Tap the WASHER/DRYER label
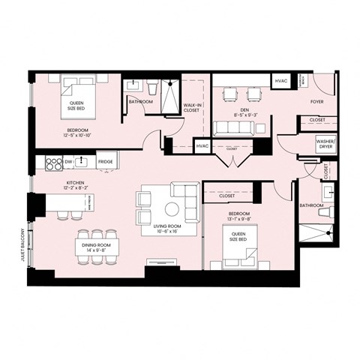(x=325, y=143)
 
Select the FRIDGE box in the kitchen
(x=105, y=161)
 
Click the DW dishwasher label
(x=68, y=161)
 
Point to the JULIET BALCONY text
(x=23, y=244)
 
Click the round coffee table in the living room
(x=172, y=208)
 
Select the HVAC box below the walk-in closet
(x=202, y=146)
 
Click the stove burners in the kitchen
(x=53, y=161)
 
